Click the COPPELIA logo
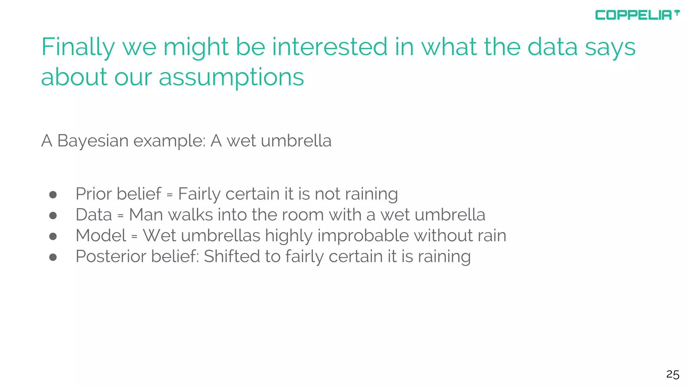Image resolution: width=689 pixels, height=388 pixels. coord(637,15)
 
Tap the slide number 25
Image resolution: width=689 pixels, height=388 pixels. coord(673,375)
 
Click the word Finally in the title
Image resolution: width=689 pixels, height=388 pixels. coord(78,47)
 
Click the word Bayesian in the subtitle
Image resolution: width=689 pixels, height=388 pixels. coord(93,141)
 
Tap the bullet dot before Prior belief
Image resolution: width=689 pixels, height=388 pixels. coord(53,195)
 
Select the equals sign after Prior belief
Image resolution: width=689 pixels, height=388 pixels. coord(170,195)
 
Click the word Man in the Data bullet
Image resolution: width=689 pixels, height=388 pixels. coord(146,215)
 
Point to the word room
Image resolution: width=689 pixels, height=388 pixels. coord(302,215)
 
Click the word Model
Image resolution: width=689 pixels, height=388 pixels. coord(101,235)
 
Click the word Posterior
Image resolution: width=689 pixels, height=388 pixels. coord(111,256)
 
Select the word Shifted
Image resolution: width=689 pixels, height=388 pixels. coord(231,256)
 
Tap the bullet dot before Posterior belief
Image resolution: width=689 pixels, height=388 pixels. coord(53,257)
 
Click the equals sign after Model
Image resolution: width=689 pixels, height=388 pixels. coord(135,237)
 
